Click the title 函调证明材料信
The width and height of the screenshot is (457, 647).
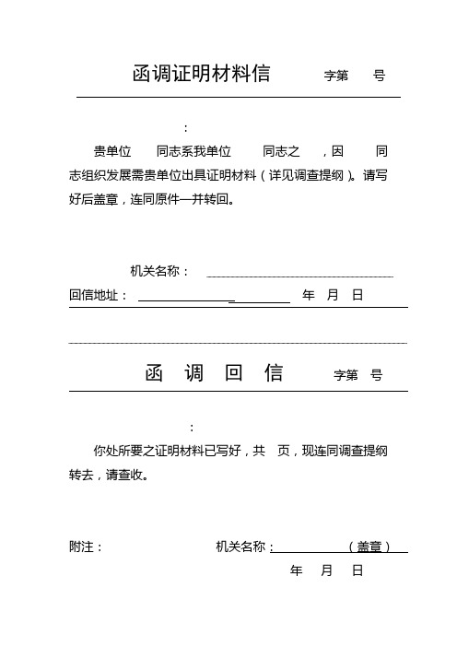tap(202, 75)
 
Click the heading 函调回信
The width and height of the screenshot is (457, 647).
tap(214, 373)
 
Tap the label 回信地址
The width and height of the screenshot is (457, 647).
tap(97, 296)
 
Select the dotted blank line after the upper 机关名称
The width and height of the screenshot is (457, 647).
tap(300, 274)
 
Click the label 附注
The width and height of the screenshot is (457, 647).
tap(86, 547)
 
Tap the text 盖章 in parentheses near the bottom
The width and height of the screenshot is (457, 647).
tap(369, 547)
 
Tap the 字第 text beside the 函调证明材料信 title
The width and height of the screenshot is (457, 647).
tap(336, 76)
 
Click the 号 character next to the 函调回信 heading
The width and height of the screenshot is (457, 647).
tap(376, 375)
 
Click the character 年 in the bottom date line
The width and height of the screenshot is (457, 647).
tap(297, 571)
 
